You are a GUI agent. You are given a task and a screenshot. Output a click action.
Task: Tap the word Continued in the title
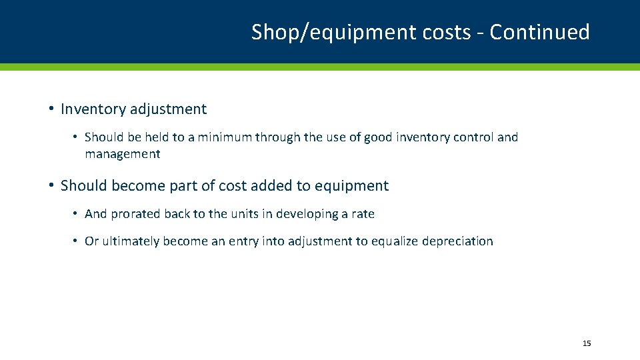pos(539,32)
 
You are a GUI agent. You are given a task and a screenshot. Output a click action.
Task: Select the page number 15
pos(587,343)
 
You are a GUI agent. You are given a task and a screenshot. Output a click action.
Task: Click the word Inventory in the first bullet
pos(91,109)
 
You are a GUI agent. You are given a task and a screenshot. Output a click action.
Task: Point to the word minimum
pos(218,137)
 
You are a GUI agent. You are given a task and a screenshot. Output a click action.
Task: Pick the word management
pos(122,154)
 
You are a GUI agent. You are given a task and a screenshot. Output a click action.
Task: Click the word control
pos(469,137)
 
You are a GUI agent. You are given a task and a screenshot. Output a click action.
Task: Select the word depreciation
pos(457,241)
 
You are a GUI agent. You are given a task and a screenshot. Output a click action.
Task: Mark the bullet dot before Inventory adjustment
pos(51,109)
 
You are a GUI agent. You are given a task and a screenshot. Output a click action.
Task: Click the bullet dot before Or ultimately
pos(77,241)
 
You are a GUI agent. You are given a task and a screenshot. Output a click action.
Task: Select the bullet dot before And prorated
pos(77,213)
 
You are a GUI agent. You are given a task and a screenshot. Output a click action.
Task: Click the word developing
pos(305,214)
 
